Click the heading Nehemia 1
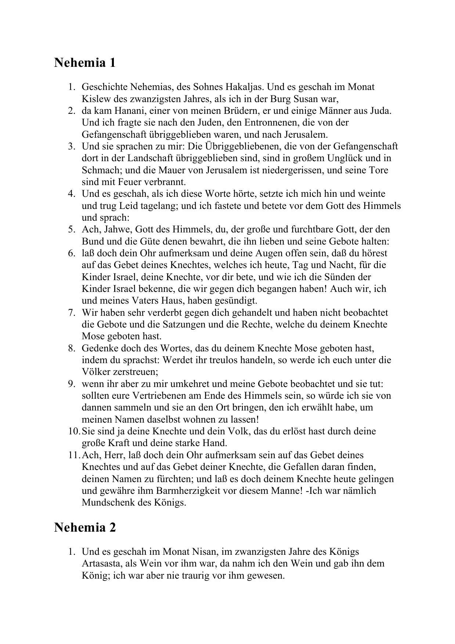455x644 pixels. pyautogui.click(x=85, y=62)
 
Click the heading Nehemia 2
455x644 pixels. pyautogui.click(x=85, y=527)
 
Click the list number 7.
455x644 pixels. pyautogui.click(x=72, y=313)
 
